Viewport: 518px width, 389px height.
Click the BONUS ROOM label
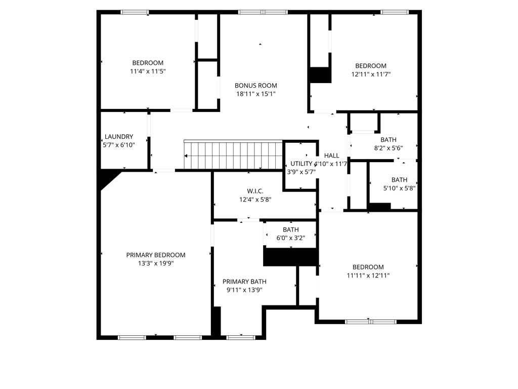(x=255, y=86)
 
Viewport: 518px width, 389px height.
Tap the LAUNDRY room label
(x=119, y=137)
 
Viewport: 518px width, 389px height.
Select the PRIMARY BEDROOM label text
(x=156, y=255)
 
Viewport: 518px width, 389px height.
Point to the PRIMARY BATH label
(x=244, y=282)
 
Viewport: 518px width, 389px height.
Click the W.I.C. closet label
(x=255, y=191)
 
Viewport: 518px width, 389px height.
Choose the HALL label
(x=332, y=155)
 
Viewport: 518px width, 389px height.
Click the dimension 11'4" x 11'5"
(x=148, y=71)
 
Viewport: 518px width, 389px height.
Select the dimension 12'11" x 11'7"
(x=371, y=74)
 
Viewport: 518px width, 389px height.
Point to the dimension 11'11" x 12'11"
(x=368, y=276)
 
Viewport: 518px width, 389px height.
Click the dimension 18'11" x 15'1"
(x=255, y=94)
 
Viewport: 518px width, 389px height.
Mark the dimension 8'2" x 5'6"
(x=388, y=148)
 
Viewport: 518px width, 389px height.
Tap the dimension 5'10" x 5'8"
(x=399, y=188)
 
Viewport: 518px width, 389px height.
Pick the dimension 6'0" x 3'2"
(x=290, y=238)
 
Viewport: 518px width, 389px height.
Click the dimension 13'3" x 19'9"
(x=156, y=263)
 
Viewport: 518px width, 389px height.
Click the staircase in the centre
(x=233, y=155)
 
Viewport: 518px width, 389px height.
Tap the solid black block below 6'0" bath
(x=290, y=257)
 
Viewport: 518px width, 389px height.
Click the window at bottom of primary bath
(x=241, y=337)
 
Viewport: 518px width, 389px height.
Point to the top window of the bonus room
(x=263, y=12)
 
